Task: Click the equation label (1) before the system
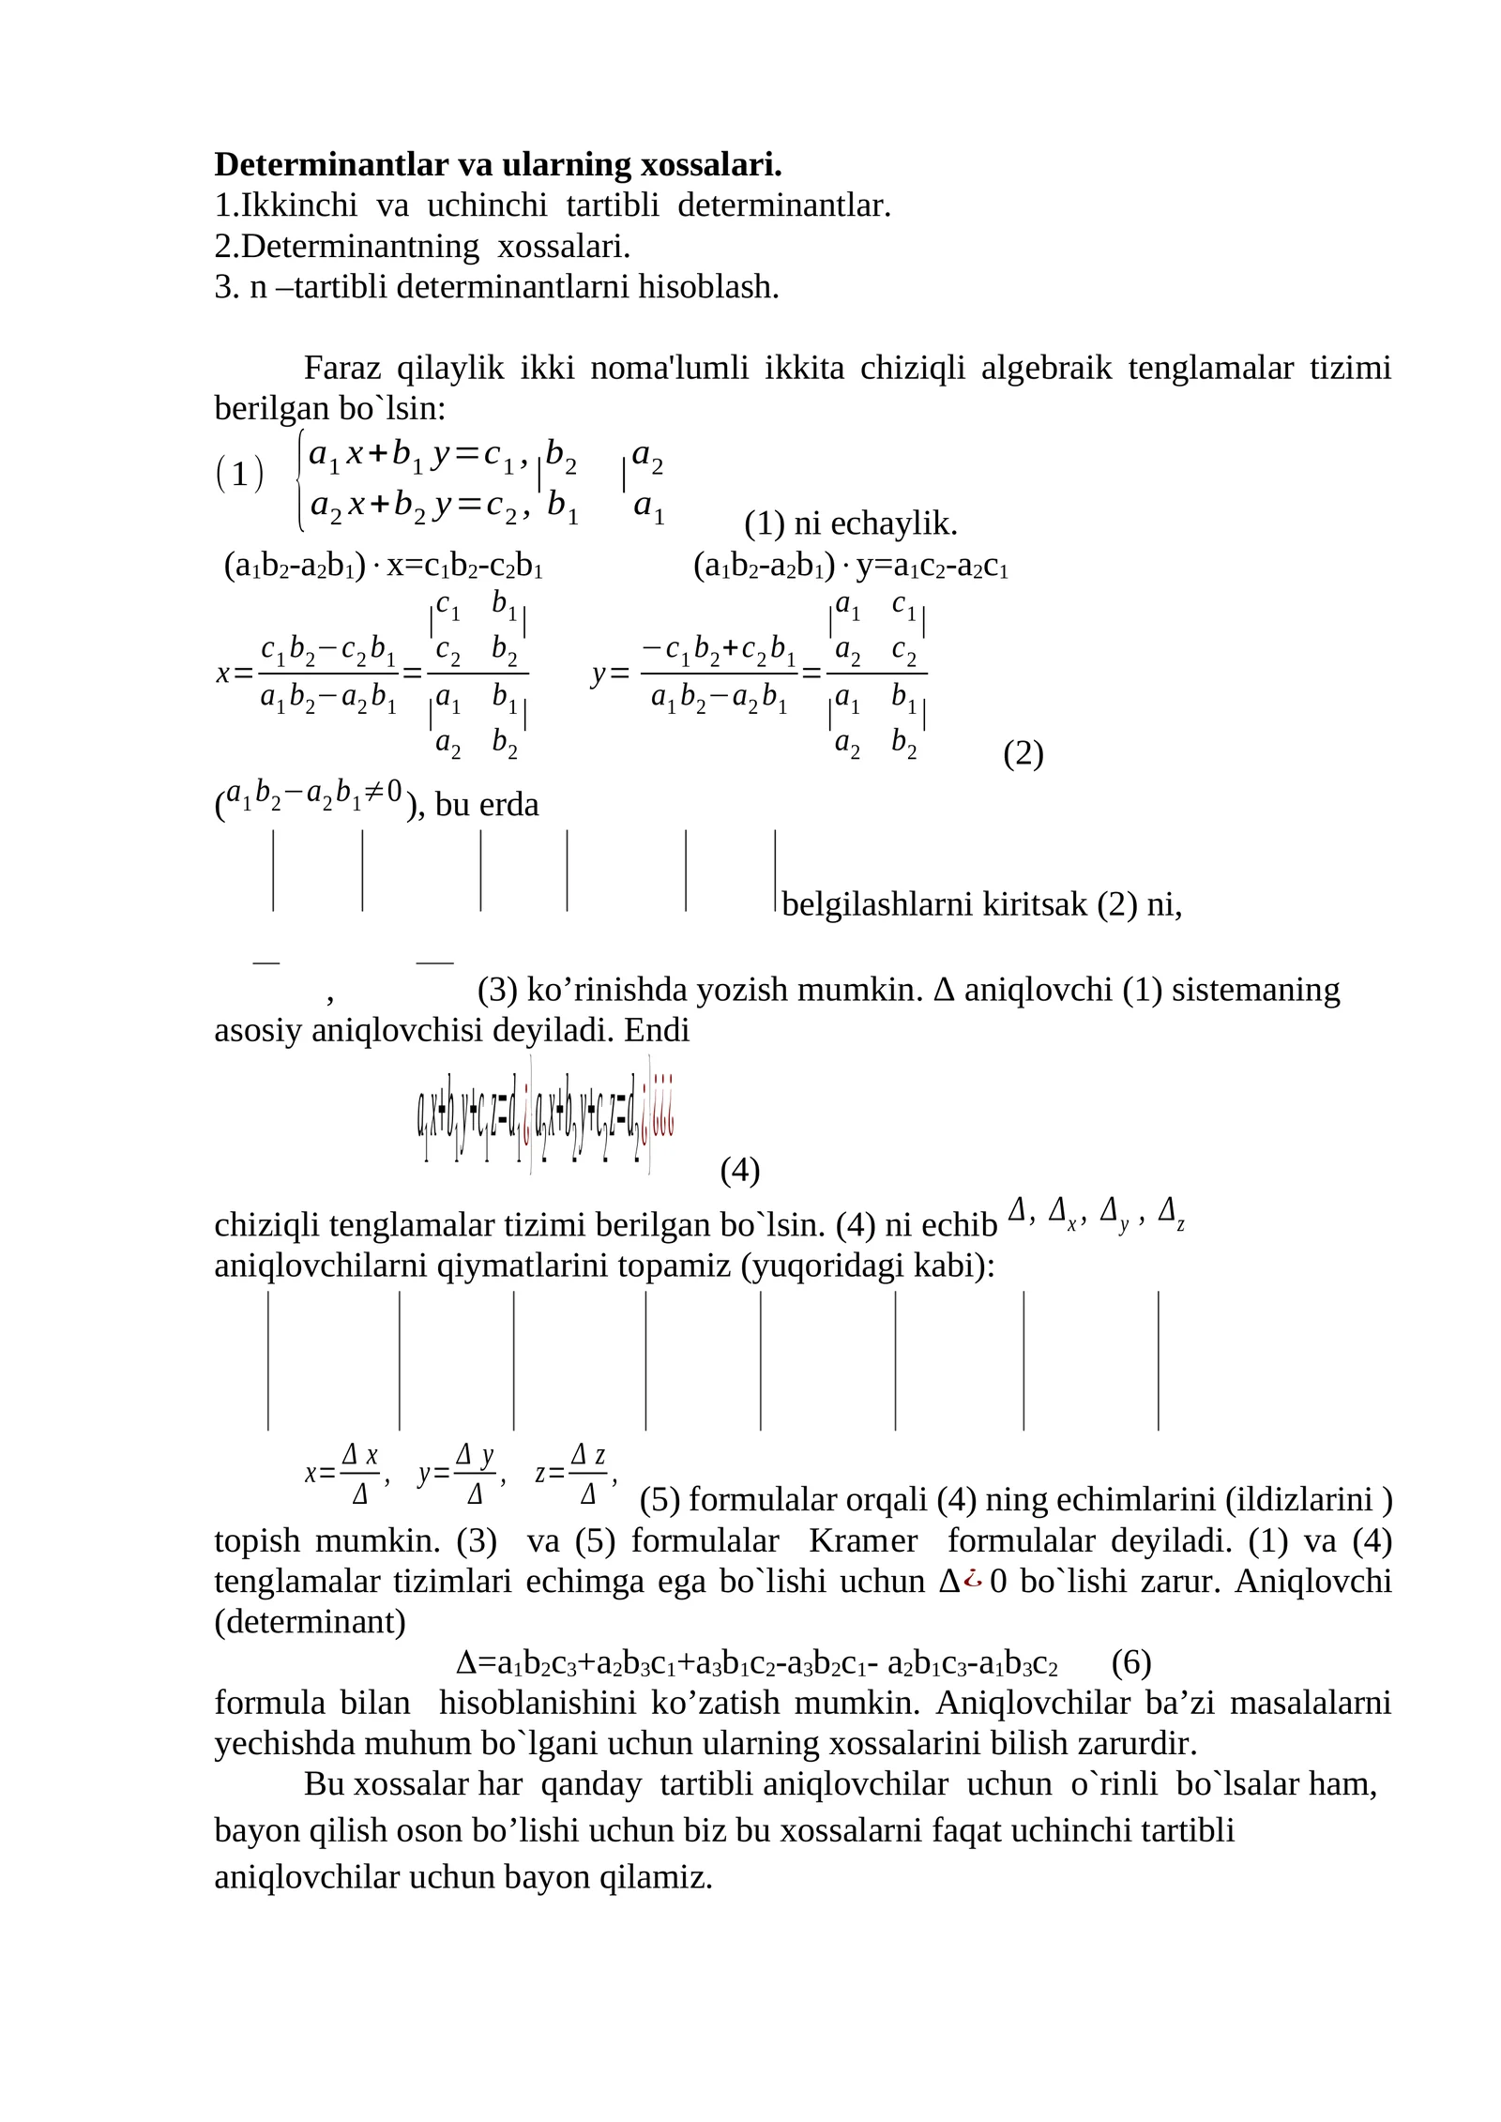(x=239, y=475)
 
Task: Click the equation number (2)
(x=1023, y=753)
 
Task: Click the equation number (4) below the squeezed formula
(x=739, y=1170)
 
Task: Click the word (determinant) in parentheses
(x=310, y=1622)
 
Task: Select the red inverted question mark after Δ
(x=973, y=1582)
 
